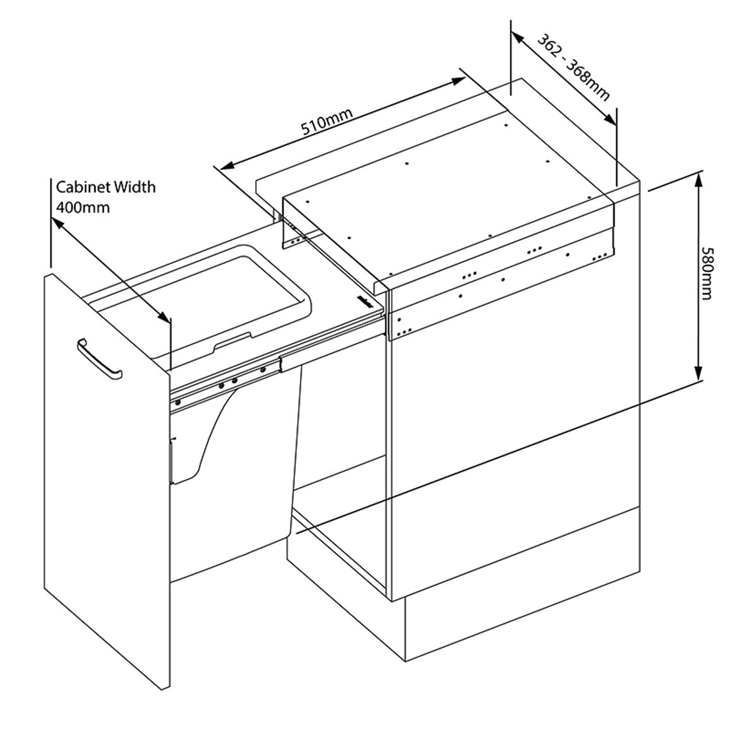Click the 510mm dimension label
point(327,122)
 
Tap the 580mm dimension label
point(707,273)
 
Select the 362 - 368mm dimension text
point(573,68)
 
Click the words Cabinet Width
point(105,187)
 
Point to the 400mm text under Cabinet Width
point(83,206)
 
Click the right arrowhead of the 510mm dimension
point(458,81)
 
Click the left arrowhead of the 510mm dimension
point(227,165)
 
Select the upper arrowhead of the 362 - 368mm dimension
point(517,37)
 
